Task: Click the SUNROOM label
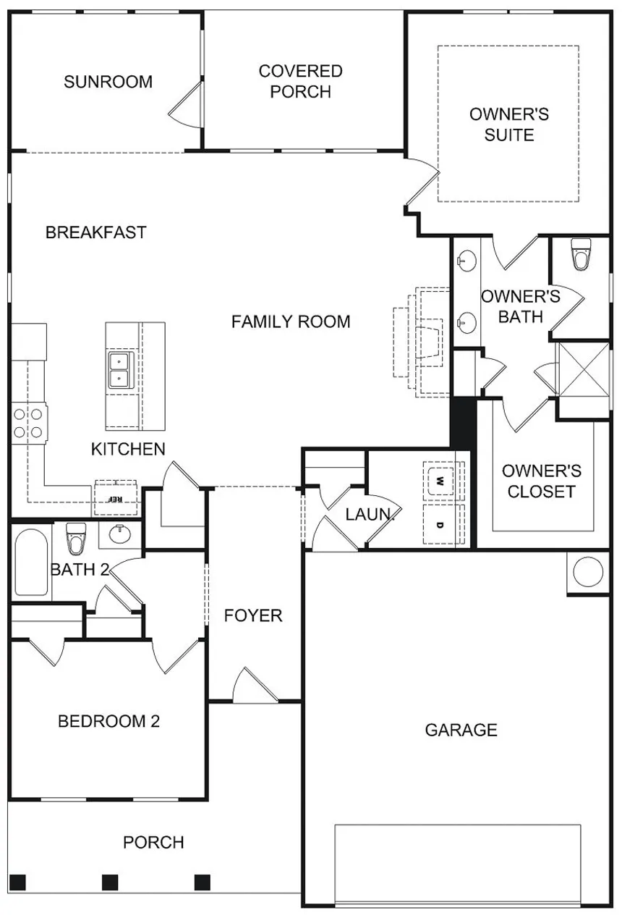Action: pyautogui.click(x=108, y=82)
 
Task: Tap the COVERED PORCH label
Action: pyautogui.click(x=301, y=81)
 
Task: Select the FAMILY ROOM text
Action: pyautogui.click(x=291, y=321)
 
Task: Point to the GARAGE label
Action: pyautogui.click(x=461, y=730)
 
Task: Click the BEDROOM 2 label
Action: pyautogui.click(x=108, y=721)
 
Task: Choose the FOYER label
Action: pyautogui.click(x=253, y=615)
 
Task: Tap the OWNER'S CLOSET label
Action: pyautogui.click(x=541, y=481)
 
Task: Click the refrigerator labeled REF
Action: pyautogui.click(x=116, y=497)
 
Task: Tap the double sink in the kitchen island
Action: pyautogui.click(x=120, y=370)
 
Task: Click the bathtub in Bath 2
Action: pyautogui.click(x=32, y=562)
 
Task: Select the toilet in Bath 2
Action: pyautogui.click(x=76, y=539)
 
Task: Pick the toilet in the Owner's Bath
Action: pyautogui.click(x=581, y=255)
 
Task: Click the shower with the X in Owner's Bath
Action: pyautogui.click(x=584, y=370)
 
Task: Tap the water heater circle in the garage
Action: pyautogui.click(x=589, y=571)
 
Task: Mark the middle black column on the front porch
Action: pyautogui.click(x=110, y=883)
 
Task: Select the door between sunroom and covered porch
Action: pyautogui.click(x=186, y=104)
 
